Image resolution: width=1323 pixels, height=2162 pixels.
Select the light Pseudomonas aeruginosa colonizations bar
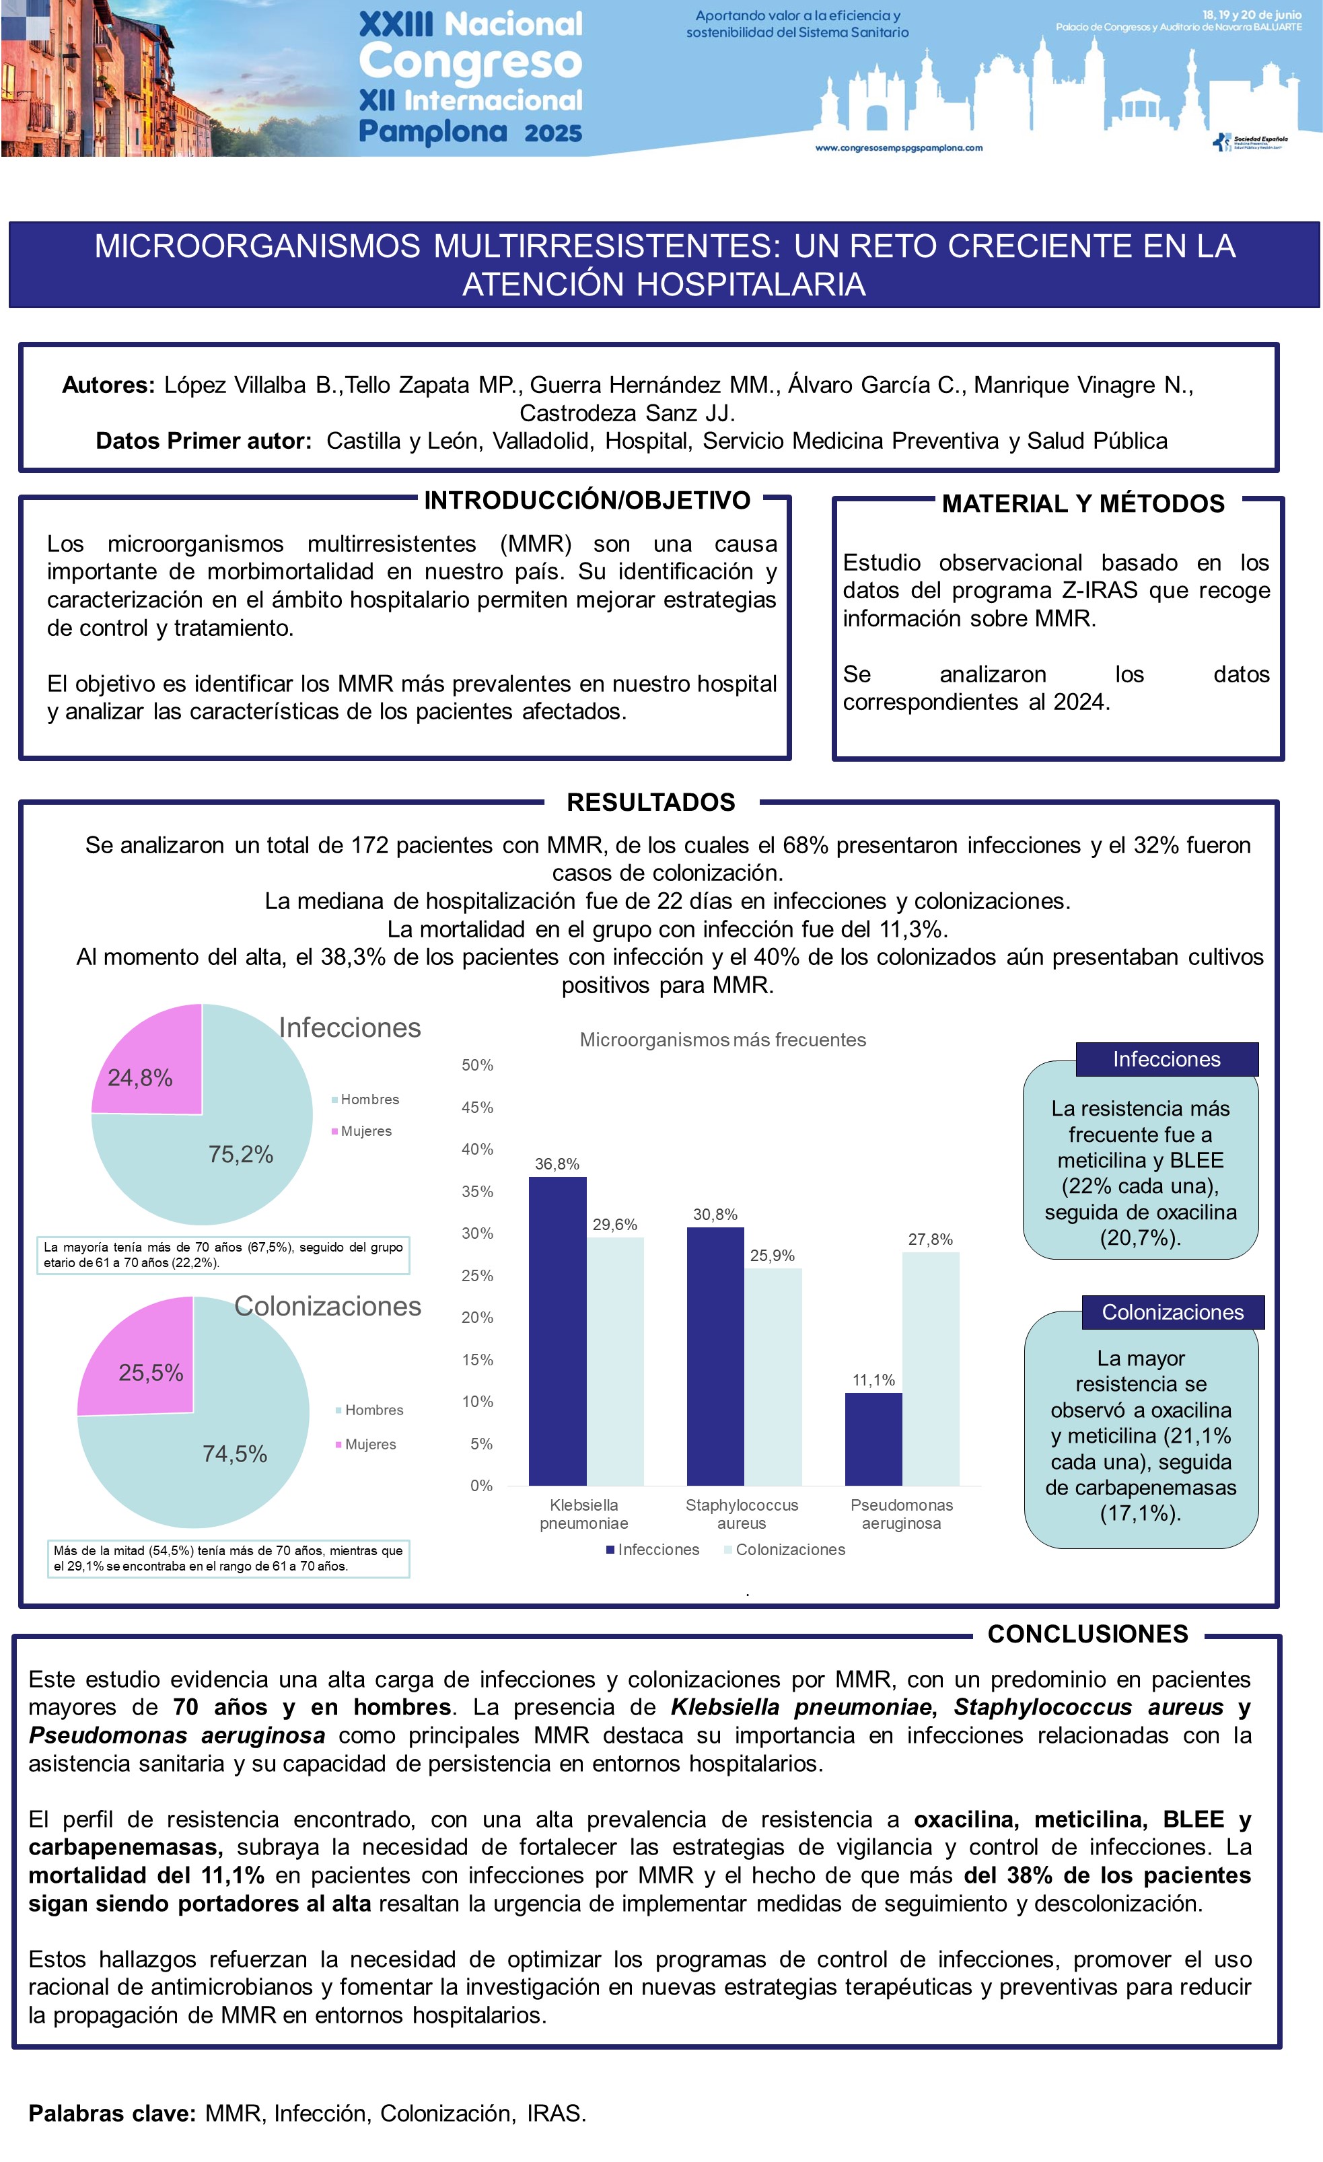coord(930,1368)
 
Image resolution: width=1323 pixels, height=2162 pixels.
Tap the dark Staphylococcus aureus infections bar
coord(715,1356)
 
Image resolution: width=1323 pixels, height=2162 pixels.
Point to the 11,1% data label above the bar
coord(873,1380)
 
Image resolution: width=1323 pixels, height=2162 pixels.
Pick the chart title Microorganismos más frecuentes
coord(722,1040)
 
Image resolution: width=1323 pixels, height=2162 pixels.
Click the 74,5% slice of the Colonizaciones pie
coord(211,1457)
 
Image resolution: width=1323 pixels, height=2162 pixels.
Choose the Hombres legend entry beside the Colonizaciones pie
coord(373,1410)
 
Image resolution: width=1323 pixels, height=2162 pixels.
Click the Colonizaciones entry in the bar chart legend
coord(789,1550)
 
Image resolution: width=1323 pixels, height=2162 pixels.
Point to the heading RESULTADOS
coord(651,802)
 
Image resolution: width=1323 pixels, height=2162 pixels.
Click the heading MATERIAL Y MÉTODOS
coord(1083,503)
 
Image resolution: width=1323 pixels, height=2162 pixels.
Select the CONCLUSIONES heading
coord(1088,1634)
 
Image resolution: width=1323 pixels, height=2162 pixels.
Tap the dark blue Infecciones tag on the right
coord(1166,1059)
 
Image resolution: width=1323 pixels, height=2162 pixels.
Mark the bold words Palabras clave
coord(112,2114)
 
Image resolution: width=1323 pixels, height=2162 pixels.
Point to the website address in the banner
coord(898,147)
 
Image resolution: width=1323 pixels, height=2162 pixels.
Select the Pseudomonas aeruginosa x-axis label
coord(901,1513)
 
